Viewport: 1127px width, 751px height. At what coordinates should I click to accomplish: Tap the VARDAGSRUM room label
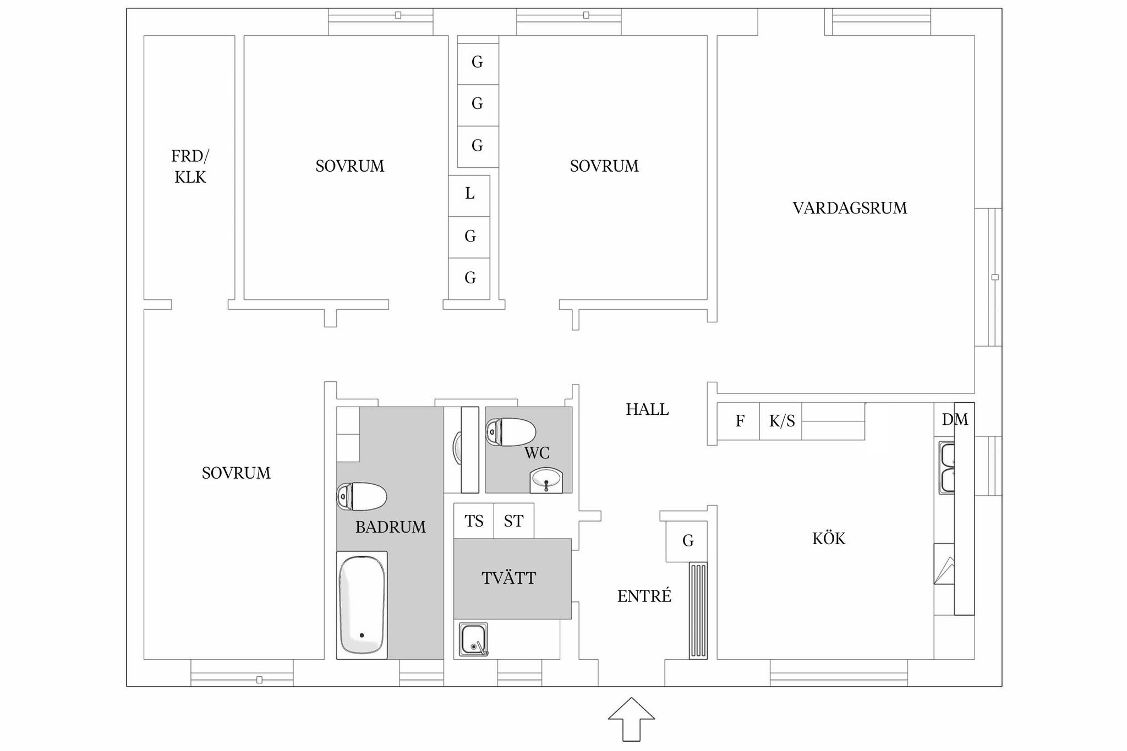850,208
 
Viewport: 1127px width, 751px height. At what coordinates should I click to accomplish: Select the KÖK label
829,538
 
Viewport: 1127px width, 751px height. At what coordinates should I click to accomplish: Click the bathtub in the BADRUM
362,605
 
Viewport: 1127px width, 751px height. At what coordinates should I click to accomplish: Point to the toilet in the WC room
511,432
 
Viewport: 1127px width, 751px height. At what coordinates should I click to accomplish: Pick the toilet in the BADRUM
362,496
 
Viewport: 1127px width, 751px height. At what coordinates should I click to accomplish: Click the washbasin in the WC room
546,480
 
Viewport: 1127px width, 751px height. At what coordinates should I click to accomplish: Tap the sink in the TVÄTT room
474,639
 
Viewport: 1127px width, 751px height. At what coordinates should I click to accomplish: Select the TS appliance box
474,520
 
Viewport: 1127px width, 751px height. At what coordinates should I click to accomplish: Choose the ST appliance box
514,520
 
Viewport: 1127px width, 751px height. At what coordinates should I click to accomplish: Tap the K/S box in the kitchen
781,421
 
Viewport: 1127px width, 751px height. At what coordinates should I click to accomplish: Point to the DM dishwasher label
955,420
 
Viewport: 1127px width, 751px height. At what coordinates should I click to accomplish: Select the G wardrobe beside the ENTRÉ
687,541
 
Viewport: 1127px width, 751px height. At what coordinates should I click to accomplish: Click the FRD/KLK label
190,167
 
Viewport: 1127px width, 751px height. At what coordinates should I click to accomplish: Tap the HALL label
647,409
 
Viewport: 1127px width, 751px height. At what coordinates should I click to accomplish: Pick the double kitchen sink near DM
947,467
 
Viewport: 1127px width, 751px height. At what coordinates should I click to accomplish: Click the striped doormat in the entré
698,611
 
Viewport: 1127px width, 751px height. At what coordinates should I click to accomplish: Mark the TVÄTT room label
508,578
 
